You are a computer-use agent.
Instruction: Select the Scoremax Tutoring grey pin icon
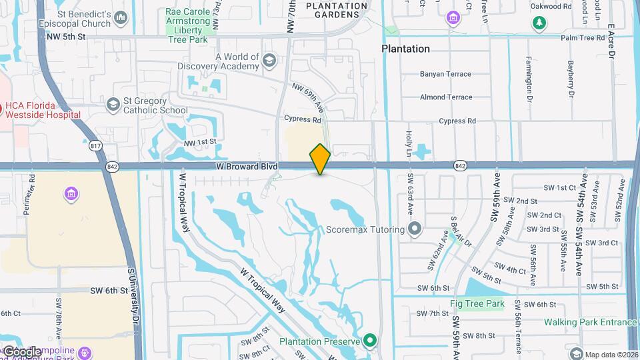click(x=415, y=229)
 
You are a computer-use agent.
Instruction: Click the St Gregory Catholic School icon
click(x=113, y=104)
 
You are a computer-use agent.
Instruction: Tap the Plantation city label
click(x=405, y=49)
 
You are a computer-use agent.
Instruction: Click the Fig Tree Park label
click(x=477, y=303)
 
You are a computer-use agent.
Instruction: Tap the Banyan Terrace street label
click(x=446, y=74)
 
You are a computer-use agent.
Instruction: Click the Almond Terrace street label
click(x=446, y=97)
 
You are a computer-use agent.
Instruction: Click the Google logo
click(x=22, y=351)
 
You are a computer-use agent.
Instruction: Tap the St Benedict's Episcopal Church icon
click(x=120, y=17)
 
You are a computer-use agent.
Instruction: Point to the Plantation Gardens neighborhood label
click(x=337, y=10)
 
